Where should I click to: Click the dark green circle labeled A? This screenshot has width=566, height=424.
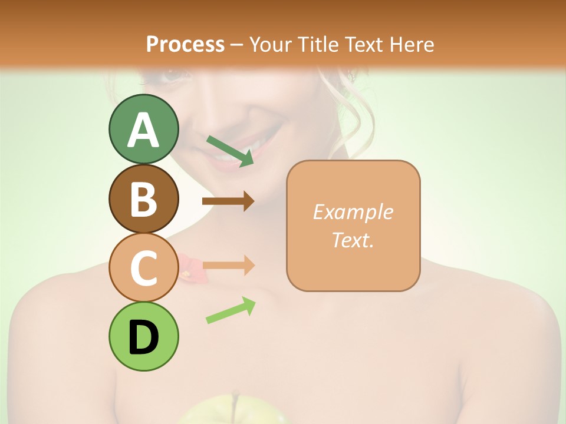pyautogui.click(x=143, y=130)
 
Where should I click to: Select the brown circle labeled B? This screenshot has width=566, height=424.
pyautogui.click(x=143, y=199)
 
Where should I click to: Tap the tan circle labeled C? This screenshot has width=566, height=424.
pyautogui.click(x=143, y=268)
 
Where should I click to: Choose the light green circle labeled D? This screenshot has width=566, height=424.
pyautogui.click(x=143, y=337)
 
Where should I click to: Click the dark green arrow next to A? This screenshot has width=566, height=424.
pyautogui.click(x=230, y=150)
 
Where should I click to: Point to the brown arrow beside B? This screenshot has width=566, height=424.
pyautogui.click(x=228, y=201)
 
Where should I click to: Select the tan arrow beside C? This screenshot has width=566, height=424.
pyautogui.click(x=228, y=265)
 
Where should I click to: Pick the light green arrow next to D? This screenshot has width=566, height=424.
pyautogui.click(x=231, y=310)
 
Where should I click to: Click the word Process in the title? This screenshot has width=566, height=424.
pyautogui.click(x=185, y=44)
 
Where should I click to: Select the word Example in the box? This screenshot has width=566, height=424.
pyautogui.click(x=353, y=212)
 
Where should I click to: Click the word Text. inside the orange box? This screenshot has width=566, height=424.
pyautogui.click(x=353, y=240)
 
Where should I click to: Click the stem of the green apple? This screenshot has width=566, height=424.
pyautogui.click(x=236, y=397)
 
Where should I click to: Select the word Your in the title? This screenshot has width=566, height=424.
pyautogui.click(x=271, y=44)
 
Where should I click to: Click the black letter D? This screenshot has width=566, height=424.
pyautogui.click(x=143, y=337)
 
